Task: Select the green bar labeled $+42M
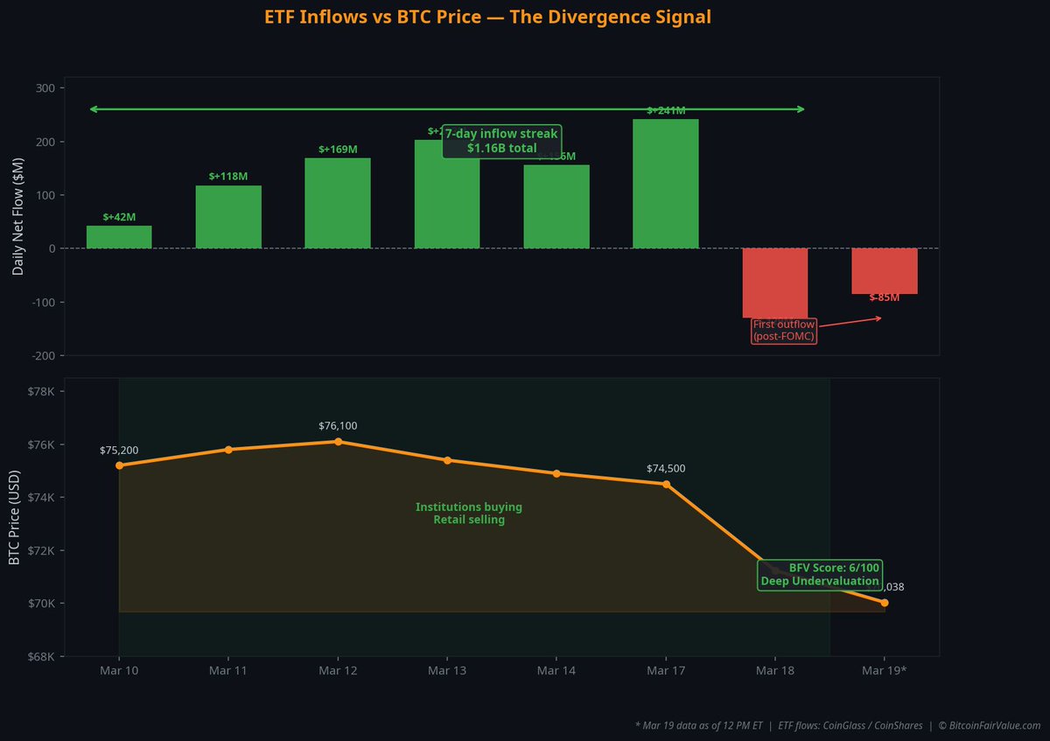[x=119, y=237]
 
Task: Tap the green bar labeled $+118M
[x=228, y=217]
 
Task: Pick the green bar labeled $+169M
[x=338, y=203]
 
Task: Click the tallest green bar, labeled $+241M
[x=666, y=184]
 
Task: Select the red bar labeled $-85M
[x=885, y=271]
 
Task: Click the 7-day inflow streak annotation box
[x=502, y=141]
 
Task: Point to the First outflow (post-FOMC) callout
[x=784, y=331]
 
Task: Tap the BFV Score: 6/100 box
[x=820, y=574]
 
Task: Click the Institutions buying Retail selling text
[x=469, y=514]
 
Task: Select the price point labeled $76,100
[x=338, y=442]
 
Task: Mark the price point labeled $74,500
[x=666, y=484]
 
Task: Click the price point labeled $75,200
[x=119, y=465]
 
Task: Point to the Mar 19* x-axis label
[x=885, y=671]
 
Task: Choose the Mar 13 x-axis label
[x=447, y=671]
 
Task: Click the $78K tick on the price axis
[x=41, y=391]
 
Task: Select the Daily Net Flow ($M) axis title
[x=17, y=217]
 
